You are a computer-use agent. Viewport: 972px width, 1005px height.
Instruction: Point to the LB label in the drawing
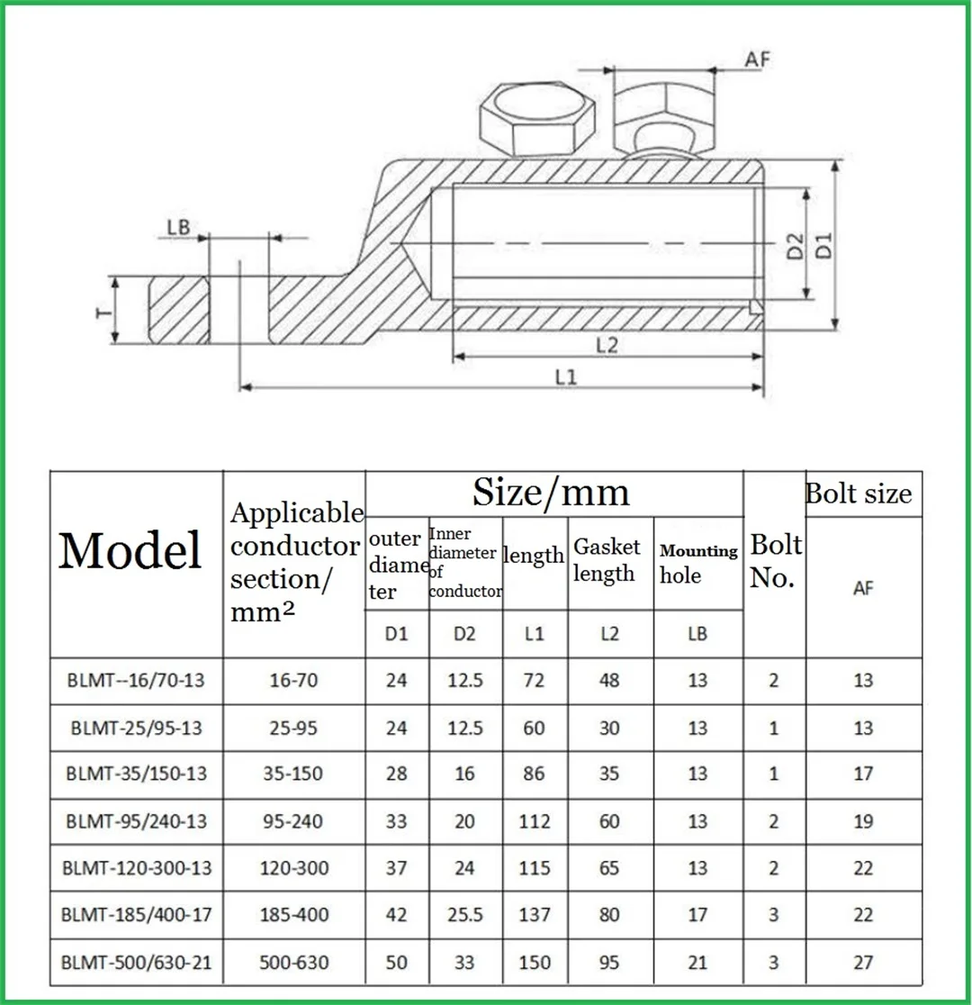[x=178, y=227]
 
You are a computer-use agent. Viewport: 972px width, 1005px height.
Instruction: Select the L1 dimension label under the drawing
[x=565, y=378]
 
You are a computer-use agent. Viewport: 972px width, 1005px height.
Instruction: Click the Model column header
[x=130, y=550]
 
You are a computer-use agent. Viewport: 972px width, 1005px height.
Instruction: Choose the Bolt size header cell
[x=858, y=493]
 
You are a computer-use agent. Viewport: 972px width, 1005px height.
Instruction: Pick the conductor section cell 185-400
[x=293, y=915]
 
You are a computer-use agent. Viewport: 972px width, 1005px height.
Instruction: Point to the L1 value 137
[x=534, y=915]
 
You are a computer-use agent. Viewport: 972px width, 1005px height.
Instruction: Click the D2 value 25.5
[x=464, y=915]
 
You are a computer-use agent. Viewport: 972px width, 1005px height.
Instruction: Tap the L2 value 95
[x=609, y=963]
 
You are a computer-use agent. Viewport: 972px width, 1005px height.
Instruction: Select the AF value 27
[x=863, y=963]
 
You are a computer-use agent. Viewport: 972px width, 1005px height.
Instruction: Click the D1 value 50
[x=396, y=963]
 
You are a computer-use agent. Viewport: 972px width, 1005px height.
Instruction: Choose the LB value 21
[x=697, y=963]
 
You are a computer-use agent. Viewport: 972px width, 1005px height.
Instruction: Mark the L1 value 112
[x=534, y=820]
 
